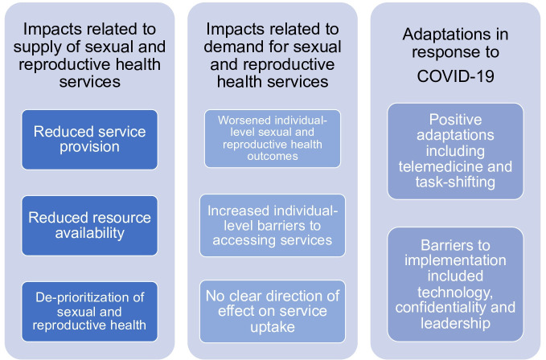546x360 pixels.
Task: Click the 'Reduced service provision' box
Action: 89,140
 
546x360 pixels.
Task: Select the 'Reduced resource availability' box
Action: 89,226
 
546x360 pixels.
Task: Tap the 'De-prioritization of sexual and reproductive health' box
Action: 89,312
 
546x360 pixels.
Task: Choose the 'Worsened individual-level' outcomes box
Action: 273,138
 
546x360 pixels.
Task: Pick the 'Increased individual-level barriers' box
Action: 273,225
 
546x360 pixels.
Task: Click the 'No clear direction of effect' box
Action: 273,311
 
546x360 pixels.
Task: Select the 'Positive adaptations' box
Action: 455,151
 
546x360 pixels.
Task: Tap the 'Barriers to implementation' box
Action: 455,284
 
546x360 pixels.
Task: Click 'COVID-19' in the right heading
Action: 455,76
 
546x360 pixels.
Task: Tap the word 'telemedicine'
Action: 441,166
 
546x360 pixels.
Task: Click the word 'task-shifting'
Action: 455,182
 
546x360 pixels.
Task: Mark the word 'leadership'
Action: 455,323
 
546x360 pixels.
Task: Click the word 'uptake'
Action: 273,327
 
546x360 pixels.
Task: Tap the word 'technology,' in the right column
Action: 455,292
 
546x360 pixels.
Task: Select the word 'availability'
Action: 89,233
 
